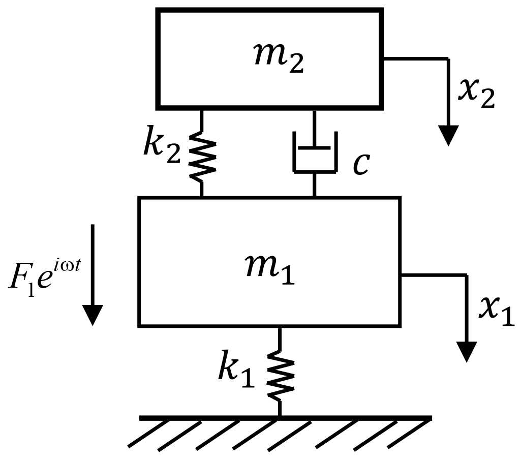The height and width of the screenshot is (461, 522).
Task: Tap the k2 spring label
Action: click(161, 147)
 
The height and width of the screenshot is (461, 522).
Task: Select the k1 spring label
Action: click(236, 371)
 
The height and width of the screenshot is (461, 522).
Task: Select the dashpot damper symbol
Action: click(315, 152)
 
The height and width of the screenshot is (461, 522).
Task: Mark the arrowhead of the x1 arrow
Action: click(467, 351)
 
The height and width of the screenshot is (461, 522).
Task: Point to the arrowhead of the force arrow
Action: click(93, 315)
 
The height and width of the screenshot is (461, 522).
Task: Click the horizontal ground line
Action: click(285, 418)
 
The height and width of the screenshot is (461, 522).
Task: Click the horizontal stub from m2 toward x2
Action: click(415, 59)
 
